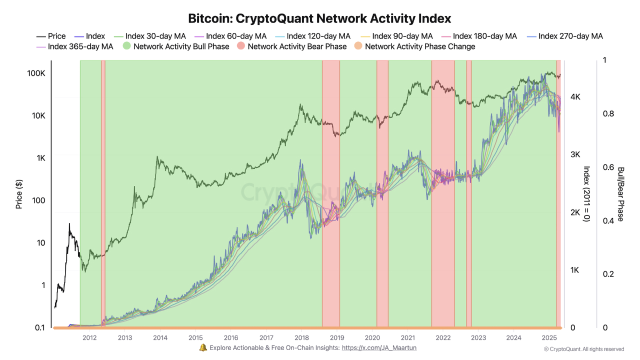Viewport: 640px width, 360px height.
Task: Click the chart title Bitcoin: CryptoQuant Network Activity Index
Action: (319, 18)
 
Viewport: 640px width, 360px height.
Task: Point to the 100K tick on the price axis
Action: (36, 73)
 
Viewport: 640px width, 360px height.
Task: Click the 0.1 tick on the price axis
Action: (40, 328)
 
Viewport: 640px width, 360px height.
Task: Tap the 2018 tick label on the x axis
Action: (301, 338)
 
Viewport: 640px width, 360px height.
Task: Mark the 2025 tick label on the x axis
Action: (549, 338)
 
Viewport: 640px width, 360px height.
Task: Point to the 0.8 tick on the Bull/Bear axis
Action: (608, 114)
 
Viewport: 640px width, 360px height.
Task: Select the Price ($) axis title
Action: (19, 194)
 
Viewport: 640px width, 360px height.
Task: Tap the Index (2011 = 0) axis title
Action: (587, 194)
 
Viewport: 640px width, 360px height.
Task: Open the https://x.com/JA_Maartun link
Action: (379, 347)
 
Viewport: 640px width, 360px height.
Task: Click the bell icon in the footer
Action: (203, 347)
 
